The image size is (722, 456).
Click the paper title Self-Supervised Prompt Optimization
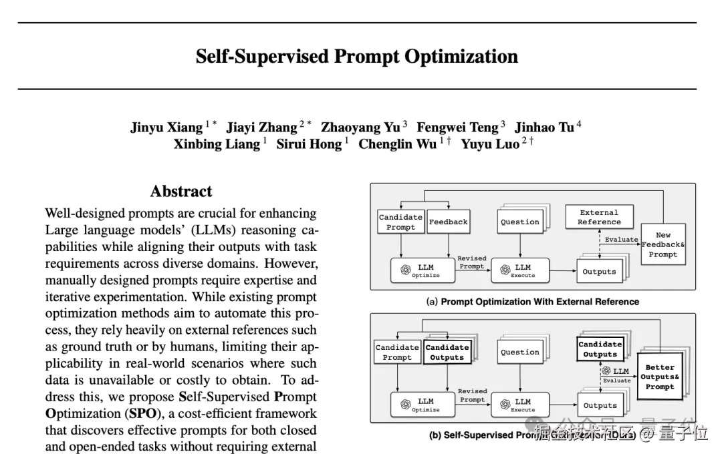[356, 56]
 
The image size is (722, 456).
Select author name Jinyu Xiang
[166, 127]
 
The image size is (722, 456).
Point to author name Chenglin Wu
[397, 144]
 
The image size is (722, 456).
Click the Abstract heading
[181, 192]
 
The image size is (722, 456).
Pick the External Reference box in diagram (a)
[599, 217]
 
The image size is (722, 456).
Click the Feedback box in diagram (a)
[448, 222]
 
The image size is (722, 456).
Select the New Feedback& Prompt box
[663, 244]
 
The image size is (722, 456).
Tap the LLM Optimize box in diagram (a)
[425, 270]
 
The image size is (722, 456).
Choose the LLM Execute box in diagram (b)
[523, 405]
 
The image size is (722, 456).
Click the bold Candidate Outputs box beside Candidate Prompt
[447, 352]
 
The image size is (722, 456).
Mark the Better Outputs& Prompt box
[660, 377]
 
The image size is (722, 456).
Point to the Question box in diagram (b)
[520, 352]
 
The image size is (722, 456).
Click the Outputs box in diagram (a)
[599, 272]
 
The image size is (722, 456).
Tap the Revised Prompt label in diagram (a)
[472, 262]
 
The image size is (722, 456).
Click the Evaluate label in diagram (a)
[621, 240]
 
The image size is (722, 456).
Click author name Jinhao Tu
[544, 127]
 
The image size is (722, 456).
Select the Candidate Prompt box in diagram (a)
[400, 222]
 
